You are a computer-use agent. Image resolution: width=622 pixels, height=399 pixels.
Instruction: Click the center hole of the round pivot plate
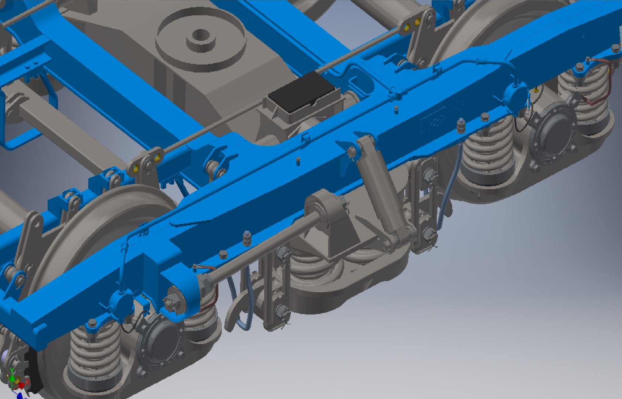[201, 36]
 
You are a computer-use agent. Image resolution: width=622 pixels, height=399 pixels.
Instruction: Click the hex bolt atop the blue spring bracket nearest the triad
[92, 324]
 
